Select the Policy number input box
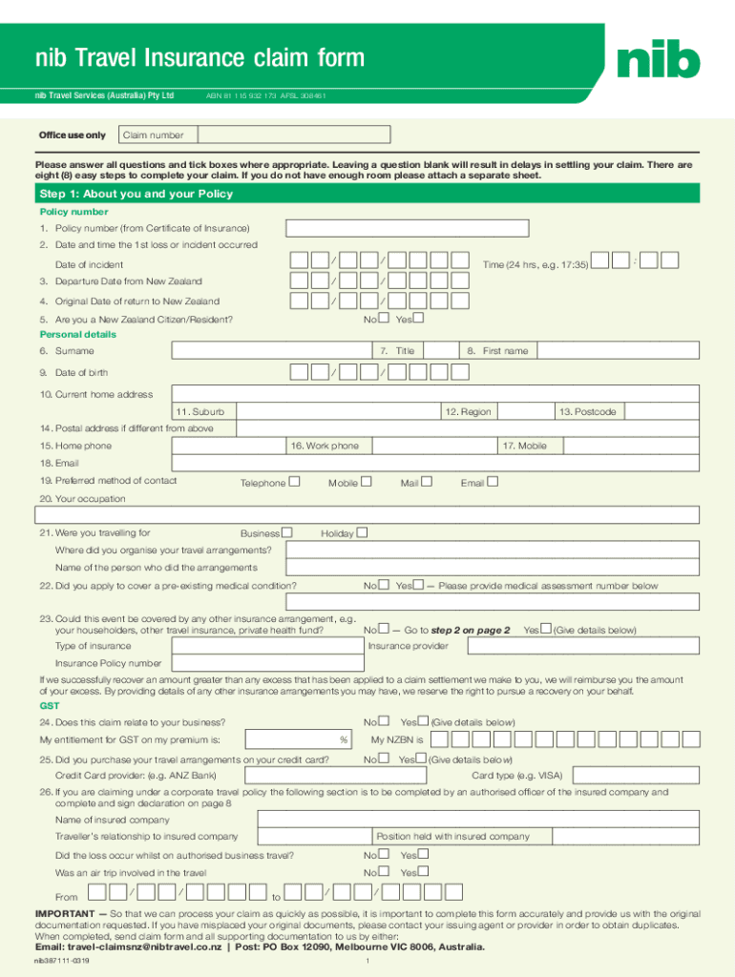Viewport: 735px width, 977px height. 408,228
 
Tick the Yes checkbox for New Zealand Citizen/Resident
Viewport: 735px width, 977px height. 417,319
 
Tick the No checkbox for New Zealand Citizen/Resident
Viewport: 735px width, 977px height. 383,319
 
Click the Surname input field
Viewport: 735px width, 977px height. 272,351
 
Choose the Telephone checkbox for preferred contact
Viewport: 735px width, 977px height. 295,482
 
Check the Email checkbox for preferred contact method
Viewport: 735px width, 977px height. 493,482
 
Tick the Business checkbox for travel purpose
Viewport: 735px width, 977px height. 287,532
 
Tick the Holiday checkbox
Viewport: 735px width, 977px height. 361,532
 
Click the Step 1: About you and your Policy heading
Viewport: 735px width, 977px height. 136,194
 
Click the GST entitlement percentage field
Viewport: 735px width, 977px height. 297,739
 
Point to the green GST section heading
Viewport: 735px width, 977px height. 49,706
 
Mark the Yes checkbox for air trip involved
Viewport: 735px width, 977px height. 423,871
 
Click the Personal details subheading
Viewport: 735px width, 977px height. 77,335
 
